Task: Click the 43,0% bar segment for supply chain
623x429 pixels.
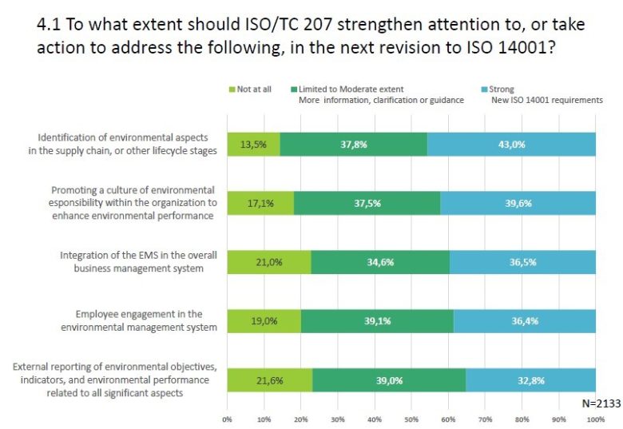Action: pyautogui.click(x=511, y=144)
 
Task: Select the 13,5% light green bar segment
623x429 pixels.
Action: pyautogui.click(x=253, y=144)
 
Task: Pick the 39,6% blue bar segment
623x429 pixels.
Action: pyautogui.click(x=518, y=203)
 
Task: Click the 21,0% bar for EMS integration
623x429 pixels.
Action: pyautogui.click(x=268, y=262)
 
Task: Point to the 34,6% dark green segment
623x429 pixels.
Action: pyautogui.click(x=379, y=262)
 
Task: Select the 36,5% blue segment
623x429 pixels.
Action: pyautogui.click(x=522, y=262)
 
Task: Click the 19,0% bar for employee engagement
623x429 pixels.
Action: pyautogui.click(x=264, y=320)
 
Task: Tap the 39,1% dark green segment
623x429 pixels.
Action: pyautogui.click(x=377, y=320)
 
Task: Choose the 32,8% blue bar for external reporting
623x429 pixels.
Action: pyautogui.click(x=530, y=380)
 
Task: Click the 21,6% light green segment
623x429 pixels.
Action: pyautogui.click(x=269, y=380)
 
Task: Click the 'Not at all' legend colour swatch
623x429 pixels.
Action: pyautogui.click(x=231, y=89)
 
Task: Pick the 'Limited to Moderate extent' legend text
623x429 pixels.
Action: pyautogui.click(x=351, y=89)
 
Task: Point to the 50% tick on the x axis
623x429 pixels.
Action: pyautogui.click(x=411, y=418)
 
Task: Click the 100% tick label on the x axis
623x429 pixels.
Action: pyautogui.click(x=595, y=418)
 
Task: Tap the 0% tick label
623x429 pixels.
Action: pyautogui.click(x=227, y=418)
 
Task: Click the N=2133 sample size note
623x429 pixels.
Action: pyautogui.click(x=601, y=403)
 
